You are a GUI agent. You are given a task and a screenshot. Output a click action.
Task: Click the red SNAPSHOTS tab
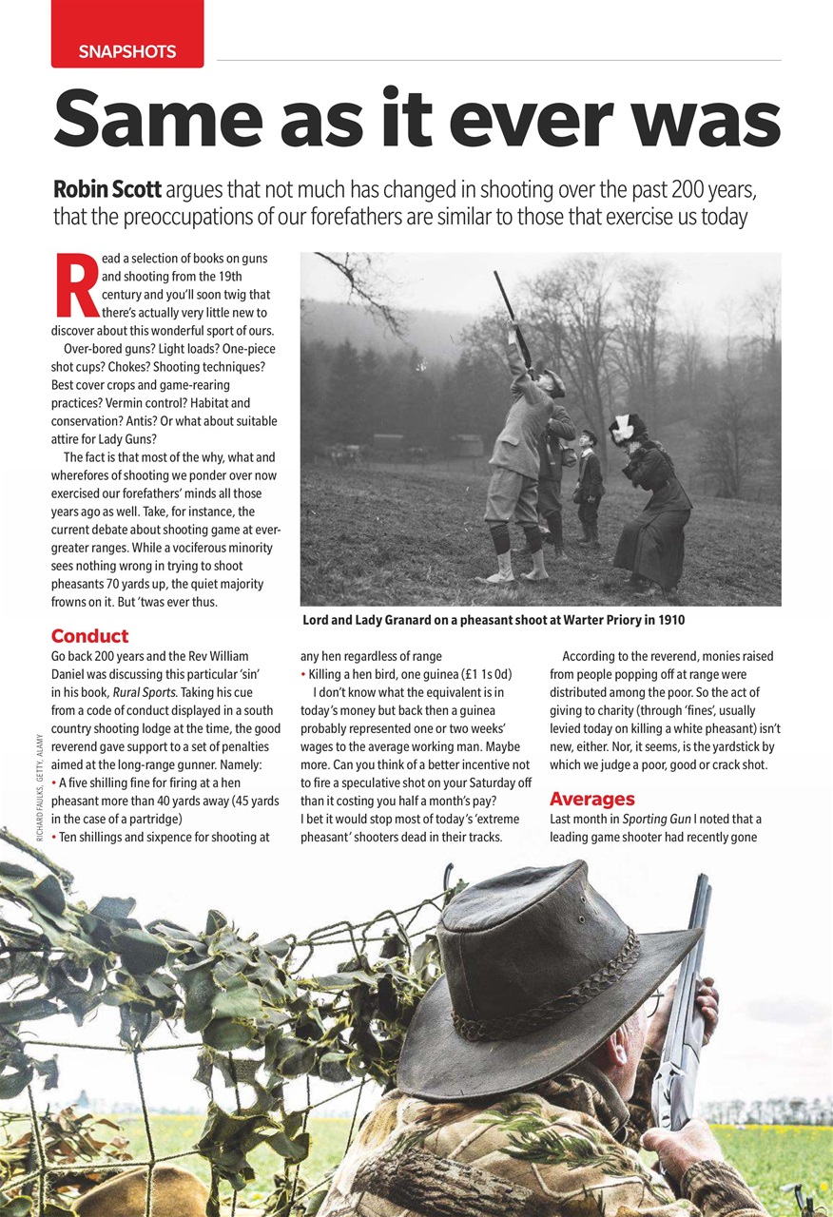pyautogui.click(x=127, y=51)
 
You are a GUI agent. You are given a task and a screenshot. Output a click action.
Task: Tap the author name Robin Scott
pyautogui.click(x=107, y=188)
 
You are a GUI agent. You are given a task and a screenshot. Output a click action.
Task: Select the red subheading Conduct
pyautogui.click(x=89, y=636)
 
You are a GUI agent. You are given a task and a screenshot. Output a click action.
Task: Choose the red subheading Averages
pyautogui.click(x=591, y=799)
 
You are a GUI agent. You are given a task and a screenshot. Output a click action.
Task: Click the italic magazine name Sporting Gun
pyautogui.click(x=654, y=819)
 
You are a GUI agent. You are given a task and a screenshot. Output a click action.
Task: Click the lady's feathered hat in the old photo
pyautogui.click(x=628, y=426)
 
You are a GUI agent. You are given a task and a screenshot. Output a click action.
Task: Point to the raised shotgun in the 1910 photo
pyautogui.click(x=512, y=314)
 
